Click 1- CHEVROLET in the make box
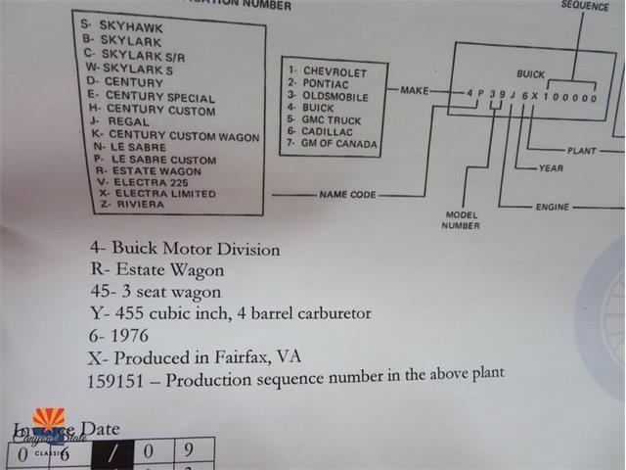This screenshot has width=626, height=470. tap(328, 72)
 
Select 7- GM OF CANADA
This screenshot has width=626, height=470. tap(334, 145)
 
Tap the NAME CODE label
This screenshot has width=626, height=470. tap(347, 195)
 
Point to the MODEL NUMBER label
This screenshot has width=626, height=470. tap(463, 220)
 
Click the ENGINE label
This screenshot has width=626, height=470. tap(553, 208)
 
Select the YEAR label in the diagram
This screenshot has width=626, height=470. tap(551, 168)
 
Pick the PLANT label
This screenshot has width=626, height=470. tap(581, 151)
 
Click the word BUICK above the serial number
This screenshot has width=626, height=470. tap(532, 74)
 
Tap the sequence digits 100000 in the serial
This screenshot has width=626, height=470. tap(570, 98)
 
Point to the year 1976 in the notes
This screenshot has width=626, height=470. tap(132, 335)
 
